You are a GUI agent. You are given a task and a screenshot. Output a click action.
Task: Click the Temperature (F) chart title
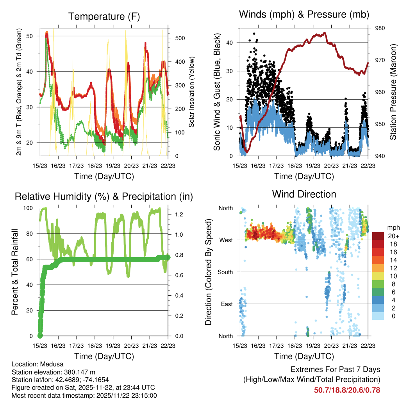(x=104, y=16)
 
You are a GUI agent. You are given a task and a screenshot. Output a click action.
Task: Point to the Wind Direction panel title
(x=304, y=194)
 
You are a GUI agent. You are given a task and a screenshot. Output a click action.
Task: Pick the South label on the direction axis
(x=225, y=272)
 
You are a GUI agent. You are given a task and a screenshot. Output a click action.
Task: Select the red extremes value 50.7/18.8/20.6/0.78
(x=347, y=390)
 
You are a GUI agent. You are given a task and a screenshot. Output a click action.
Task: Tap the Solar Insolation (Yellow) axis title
(x=191, y=92)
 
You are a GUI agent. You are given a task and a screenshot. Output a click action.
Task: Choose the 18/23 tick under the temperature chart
(x=95, y=165)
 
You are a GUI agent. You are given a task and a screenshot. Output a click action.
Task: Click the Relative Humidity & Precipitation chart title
(x=104, y=196)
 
